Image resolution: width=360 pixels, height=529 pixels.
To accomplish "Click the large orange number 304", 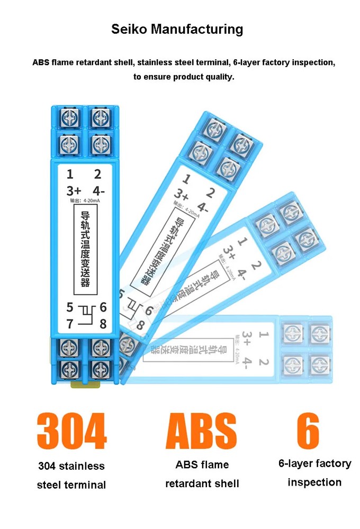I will click(71, 431).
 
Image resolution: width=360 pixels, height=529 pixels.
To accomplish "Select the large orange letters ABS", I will click(201, 431).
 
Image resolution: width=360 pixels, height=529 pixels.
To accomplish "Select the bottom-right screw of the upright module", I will click(99, 368).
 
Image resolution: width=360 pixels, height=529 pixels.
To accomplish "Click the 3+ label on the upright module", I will click(73, 191).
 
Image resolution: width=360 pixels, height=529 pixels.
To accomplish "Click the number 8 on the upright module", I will click(103, 324).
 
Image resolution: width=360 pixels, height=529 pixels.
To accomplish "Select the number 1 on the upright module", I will click(70, 174).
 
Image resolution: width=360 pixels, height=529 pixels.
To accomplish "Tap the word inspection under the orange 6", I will click(314, 482).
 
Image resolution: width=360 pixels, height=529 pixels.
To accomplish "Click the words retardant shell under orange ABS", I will click(202, 484).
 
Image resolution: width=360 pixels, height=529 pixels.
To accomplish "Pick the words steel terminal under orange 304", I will click(71, 485).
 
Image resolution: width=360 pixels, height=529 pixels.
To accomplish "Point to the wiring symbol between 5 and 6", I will click(86, 315).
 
